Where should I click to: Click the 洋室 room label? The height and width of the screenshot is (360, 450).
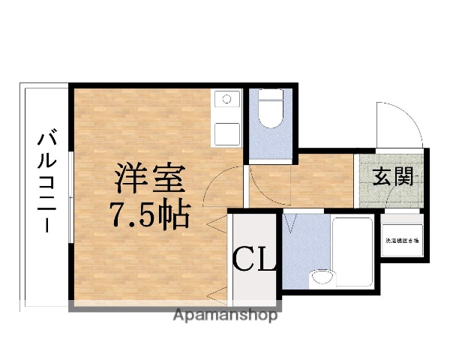click(148, 180)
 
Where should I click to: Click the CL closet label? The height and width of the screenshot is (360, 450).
click(256, 260)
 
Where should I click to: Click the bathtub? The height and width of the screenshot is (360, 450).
click(352, 253)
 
